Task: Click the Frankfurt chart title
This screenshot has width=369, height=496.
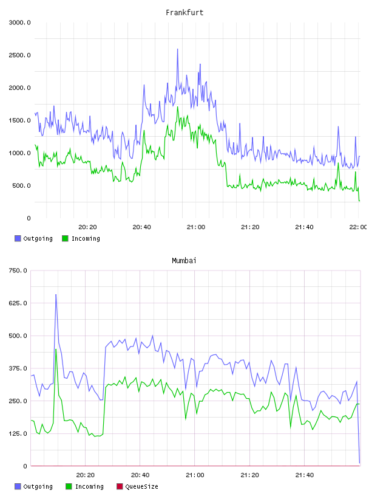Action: pyautogui.click(x=184, y=13)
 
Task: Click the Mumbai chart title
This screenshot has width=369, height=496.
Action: pyautogui.click(x=184, y=261)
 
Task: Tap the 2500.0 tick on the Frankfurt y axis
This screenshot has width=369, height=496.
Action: pyautogui.click(x=19, y=55)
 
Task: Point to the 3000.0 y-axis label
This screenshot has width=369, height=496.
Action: pyautogui.click(x=19, y=22)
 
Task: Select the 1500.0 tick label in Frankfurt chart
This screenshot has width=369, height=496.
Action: pyautogui.click(x=19, y=120)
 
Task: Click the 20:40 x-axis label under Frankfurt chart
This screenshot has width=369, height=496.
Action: pyautogui.click(x=141, y=227)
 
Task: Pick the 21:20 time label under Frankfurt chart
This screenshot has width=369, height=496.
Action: pyautogui.click(x=250, y=227)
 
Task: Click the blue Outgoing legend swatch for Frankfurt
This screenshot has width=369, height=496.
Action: pyautogui.click(x=18, y=238)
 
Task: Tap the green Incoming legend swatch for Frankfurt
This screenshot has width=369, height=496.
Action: pyautogui.click(x=65, y=238)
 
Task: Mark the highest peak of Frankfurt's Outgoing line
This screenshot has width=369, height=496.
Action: pyautogui.click(x=178, y=49)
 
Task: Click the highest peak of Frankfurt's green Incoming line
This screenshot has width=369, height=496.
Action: pyautogui.click(x=178, y=107)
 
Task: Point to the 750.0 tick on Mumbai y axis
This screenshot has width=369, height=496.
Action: pyautogui.click(x=18, y=270)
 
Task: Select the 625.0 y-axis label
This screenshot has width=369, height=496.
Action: pyautogui.click(x=18, y=303)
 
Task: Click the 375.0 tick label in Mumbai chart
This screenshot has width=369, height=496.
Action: pyautogui.click(x=18, y=368)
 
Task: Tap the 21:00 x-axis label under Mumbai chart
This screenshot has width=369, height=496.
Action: pyautogui.click(x=195, y=475)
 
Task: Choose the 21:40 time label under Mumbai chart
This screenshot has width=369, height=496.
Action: pyautogui.click(x=305, y=475)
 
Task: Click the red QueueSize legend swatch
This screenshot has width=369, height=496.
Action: pyautogui.click(x=120, y=486)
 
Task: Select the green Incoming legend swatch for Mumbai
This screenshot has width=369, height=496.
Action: pyautogui.click(x=69, y=486)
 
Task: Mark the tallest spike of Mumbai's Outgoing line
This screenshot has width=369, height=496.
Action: pyautogui.click(x=56, y=294)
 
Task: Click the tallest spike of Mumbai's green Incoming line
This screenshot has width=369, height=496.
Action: pyautogui.click(x=56, y=350)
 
